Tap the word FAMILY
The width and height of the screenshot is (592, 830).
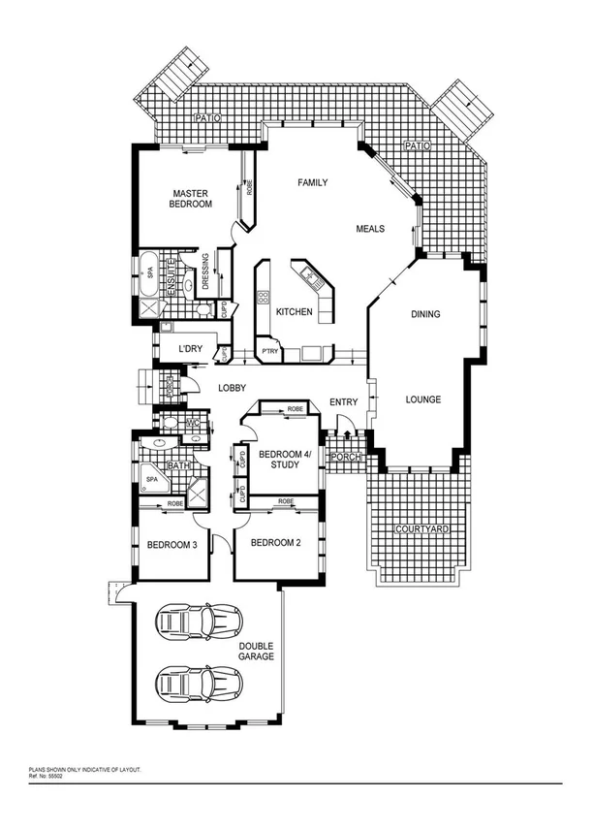[x=312, y=182]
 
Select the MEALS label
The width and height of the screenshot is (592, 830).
[x=370, y=229]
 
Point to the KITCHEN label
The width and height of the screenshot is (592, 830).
[x=294, y=312]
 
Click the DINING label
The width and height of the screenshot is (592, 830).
[x=425, y=314]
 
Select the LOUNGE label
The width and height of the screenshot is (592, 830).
[x=423, y=399]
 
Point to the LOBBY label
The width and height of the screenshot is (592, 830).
[x=232, y=388]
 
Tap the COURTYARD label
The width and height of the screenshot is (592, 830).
[x=420, y=529]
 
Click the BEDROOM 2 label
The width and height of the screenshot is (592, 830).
[x=277, y=543]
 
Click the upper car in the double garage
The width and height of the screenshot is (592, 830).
[x=200, y=620]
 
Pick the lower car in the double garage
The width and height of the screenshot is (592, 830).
[x=199, y=685]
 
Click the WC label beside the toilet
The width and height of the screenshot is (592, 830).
[x=193, y=424]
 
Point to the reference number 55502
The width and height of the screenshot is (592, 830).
[x=47, y=775]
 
